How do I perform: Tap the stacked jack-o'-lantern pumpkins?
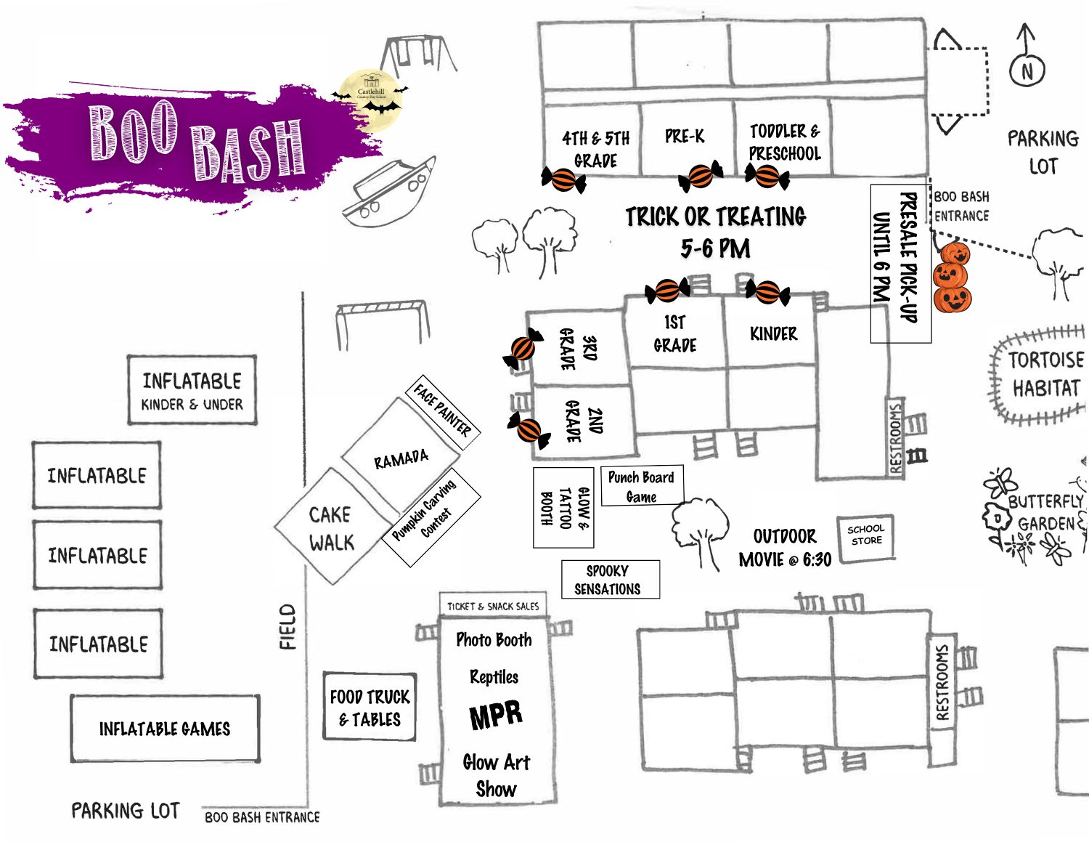click(x=952, y=278)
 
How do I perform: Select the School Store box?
click(x=866, y=537)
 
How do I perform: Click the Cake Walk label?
click(x=331, y=528)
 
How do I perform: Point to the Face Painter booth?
click(x=442, y=412)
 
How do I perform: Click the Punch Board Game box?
click(x=641, y=486)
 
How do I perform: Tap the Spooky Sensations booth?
click(x=610, y=579)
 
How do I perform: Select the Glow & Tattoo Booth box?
click(x=563, y=507)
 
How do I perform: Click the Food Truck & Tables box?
click(x=370, y=707)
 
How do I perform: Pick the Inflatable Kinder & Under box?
click(x=192, y=390)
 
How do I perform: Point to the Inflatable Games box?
click(x=165, y=729)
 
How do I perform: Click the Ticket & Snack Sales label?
click(x=493, y=605)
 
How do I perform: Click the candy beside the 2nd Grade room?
click(x=529, y=428)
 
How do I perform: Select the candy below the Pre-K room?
click(x=701, y=176)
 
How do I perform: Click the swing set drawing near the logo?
click(x=419, y=54)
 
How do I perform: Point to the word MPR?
click(x=496, y=715)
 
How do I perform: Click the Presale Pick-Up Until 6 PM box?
click(x=900, y=263)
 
